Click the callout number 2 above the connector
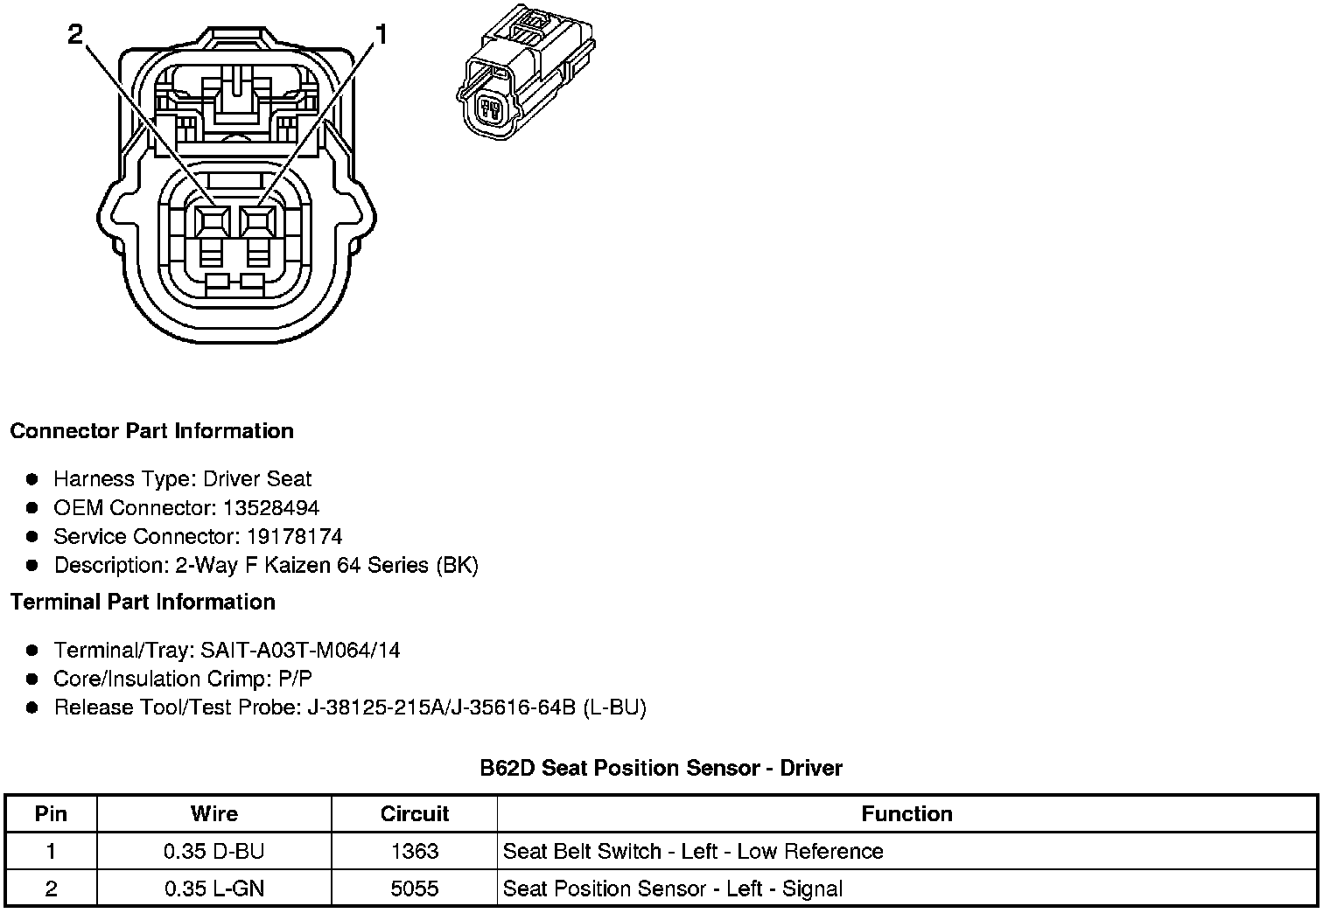click(75, 34)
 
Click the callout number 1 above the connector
click(381, 34)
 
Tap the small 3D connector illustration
click(525, 77)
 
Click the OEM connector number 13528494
click(270, 508)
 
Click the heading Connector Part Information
click(151, 431)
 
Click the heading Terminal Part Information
click(143, 603)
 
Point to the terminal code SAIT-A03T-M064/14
click(300, 651)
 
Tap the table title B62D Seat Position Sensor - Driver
click(661, 769)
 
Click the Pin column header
click(51, 814)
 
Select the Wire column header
click(213, 814)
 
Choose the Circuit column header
click(414, 814)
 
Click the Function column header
click(906, 814)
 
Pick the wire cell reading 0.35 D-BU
click(213, 852)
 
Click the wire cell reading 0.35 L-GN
click(213, 889)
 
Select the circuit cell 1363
click(414, 852)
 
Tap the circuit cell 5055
click(414, 889)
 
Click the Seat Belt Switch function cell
click(693, 852)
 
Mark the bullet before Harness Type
click(32, 479)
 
